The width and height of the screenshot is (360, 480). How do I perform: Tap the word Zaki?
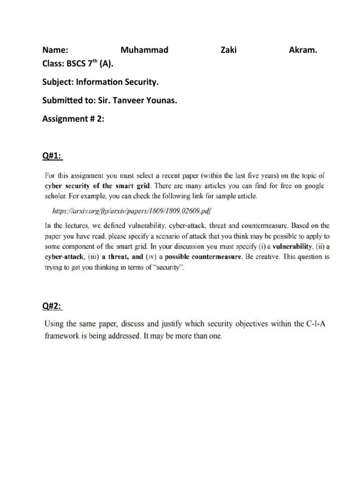click(228, 50)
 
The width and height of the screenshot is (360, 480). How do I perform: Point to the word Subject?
click(59, 82)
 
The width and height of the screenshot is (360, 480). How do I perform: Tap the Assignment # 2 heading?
click(73, 119)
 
